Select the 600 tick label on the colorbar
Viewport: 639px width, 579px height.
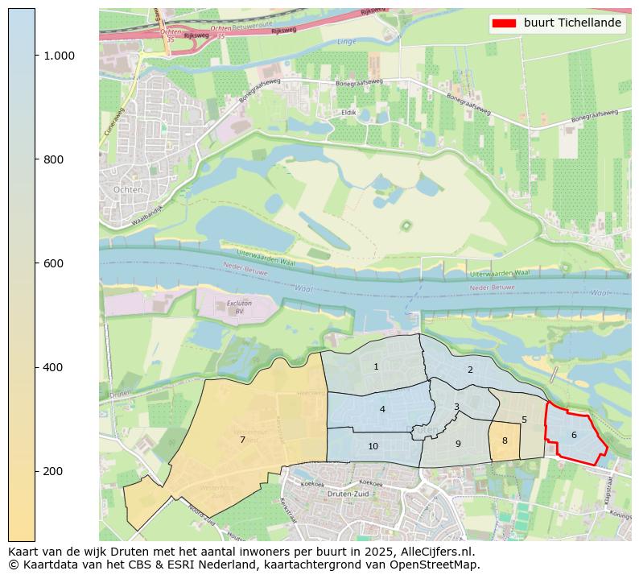(x=53, y=263)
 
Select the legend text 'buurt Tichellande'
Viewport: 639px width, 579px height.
(x=572, y=23)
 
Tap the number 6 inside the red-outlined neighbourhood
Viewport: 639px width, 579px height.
(x=574, y=435)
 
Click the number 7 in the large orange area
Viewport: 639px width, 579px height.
(x=242, y=440)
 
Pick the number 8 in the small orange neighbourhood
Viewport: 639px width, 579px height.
(x=505, y=440)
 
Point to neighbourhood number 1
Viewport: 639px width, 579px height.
(x=376, y=366)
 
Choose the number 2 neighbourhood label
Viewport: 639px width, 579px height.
(x=470, y=370)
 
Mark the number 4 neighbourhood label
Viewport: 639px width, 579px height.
(x=382, y=409)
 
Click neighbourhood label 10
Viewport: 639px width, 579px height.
(x=373, y=446)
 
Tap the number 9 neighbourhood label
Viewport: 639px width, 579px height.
(x=458, y=444)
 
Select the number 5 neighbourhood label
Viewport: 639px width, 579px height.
(x=524, y=420)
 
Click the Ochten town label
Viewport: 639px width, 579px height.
(x=129, y=189)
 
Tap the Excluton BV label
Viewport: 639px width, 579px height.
(x=234, y=307)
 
